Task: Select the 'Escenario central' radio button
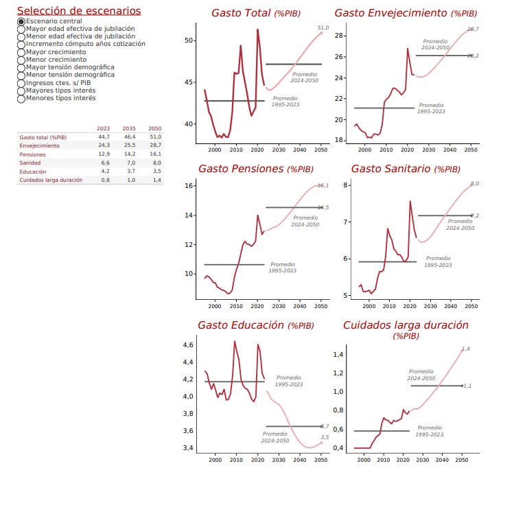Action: (21, 21)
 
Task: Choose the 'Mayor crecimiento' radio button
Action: (21, 51)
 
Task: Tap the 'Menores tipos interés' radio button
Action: (21, 98)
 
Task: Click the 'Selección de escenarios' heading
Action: (79, 11)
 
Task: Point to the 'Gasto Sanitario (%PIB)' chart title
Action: (406, 169)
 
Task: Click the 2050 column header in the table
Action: (155, 128)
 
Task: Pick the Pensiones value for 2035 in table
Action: (129, 154)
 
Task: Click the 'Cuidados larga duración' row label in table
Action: (51, 180)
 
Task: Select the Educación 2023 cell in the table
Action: (104, 172)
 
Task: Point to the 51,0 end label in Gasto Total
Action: (323, 27)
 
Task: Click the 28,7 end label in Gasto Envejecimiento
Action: (473, 29)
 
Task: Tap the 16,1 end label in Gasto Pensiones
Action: (323, 185)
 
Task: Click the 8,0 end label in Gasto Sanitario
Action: (474, 183)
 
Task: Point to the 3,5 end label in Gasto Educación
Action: (325, 437)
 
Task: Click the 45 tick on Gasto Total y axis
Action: (189, 82)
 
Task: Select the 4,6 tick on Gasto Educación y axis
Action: (187, 345)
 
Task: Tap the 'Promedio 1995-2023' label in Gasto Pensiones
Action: (283, 267)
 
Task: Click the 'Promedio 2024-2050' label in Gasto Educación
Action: (275, 437)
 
